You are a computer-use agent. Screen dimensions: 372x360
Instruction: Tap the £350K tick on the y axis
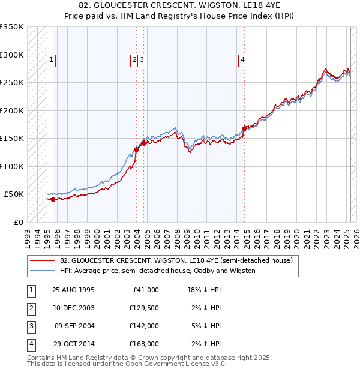[x=12, y=27]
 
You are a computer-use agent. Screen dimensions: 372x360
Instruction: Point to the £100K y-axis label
[x=12, y=166]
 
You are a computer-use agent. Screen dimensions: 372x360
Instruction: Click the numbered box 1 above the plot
[x=52, y=59]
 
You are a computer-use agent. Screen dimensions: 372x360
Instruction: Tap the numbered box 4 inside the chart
[x=242, y=59]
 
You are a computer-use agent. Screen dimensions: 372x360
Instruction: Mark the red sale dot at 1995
[x=53, y=199]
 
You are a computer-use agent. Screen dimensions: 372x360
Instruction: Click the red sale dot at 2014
[x=244, y=128]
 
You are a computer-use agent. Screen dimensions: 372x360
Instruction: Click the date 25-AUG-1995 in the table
[x=74, y=289]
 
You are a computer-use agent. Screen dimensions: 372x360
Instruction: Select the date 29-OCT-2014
[x=74, y=344]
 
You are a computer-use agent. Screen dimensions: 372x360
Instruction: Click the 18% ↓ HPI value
[x=204, y=289]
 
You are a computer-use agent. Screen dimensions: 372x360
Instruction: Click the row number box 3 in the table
[x=31, y=326]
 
